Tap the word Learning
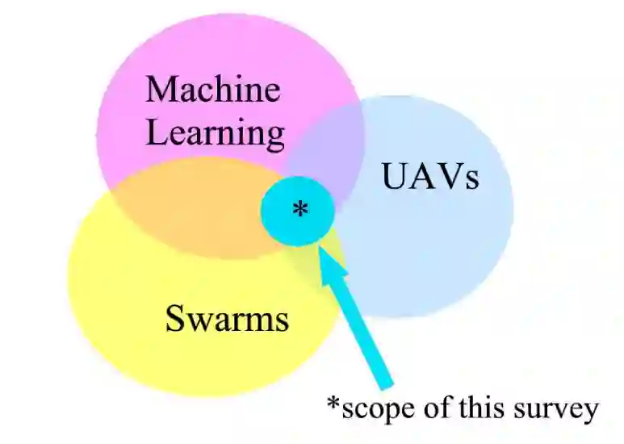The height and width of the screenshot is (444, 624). (x=216, y=133)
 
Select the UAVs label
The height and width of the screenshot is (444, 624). (x=430, y=177)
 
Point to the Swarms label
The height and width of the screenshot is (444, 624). (x=227, y=319)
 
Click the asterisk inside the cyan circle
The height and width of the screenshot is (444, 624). (x=299, y=210)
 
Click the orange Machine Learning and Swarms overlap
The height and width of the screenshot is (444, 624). (x=186, y=214)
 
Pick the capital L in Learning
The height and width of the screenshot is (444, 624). (x=156, y=132)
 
